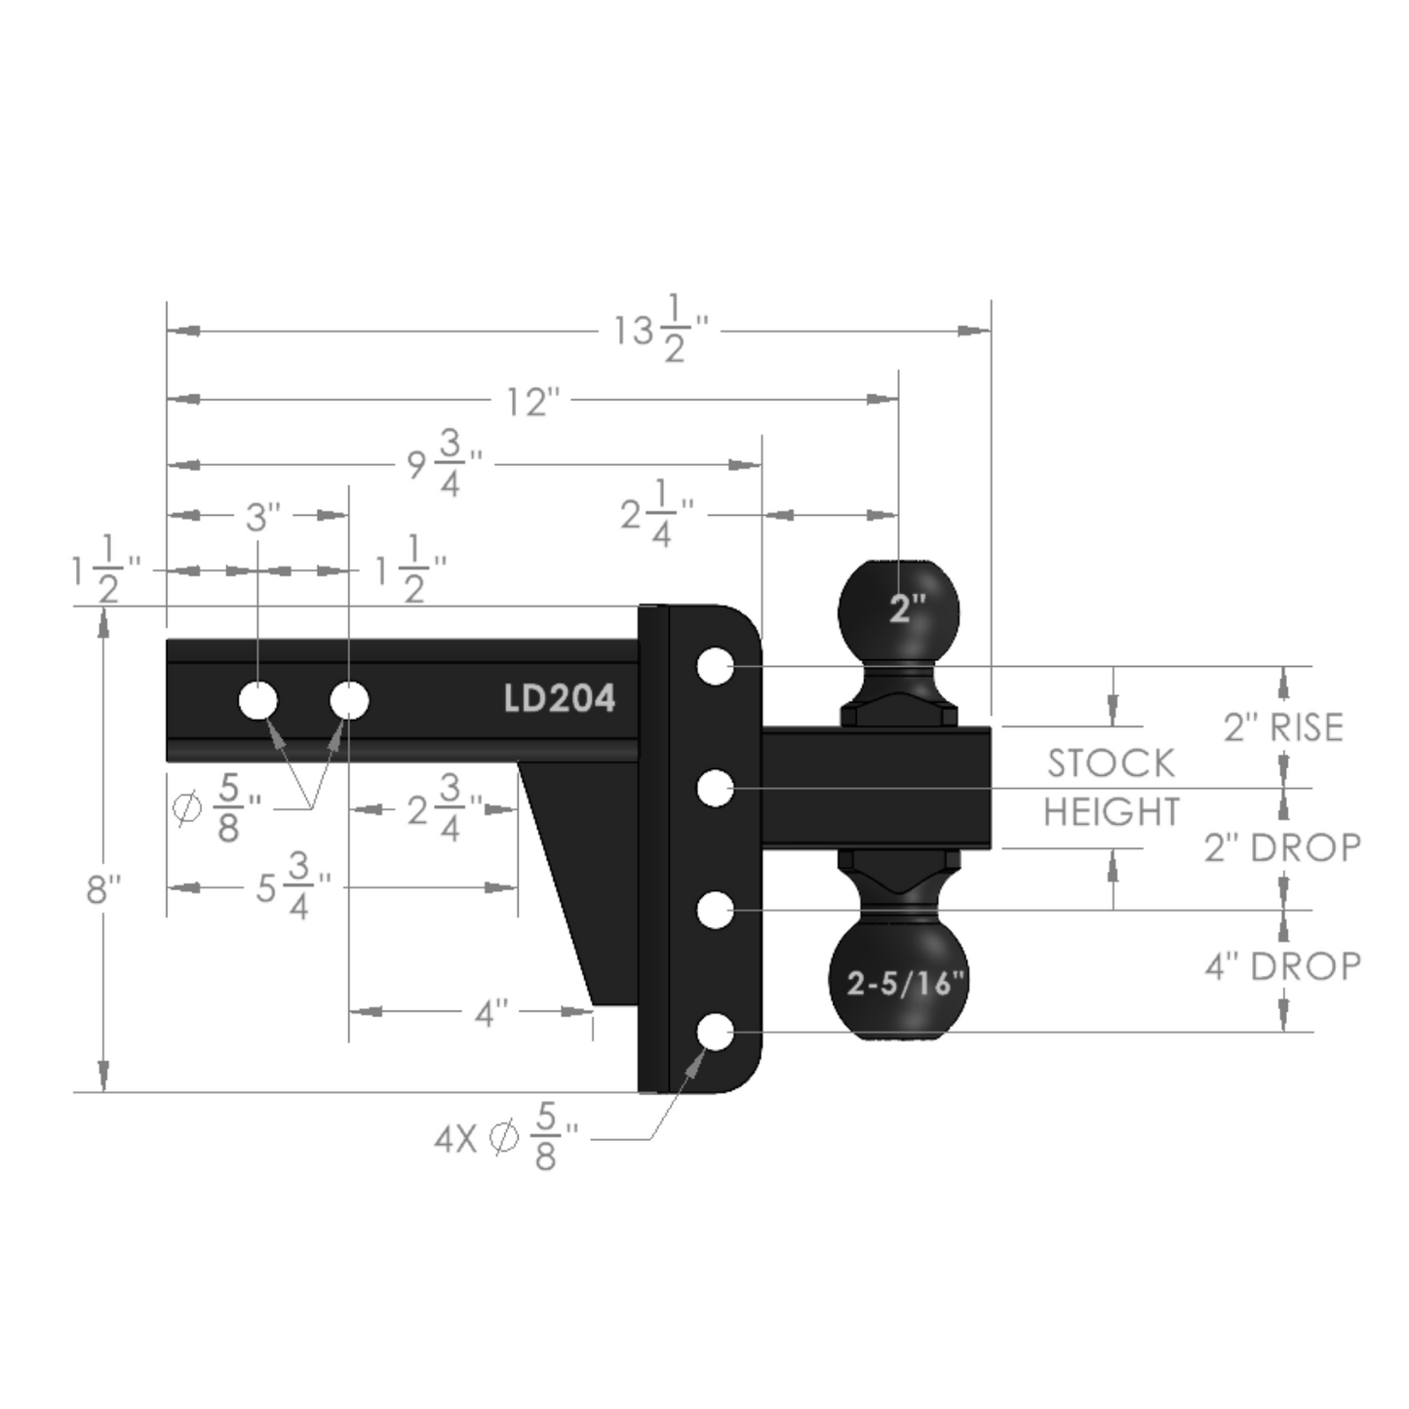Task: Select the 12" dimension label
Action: tap(534, 402)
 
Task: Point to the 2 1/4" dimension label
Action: tap(657, 515)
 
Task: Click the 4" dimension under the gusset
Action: tap(491, 1013)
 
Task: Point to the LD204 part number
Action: tap(560, 699)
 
